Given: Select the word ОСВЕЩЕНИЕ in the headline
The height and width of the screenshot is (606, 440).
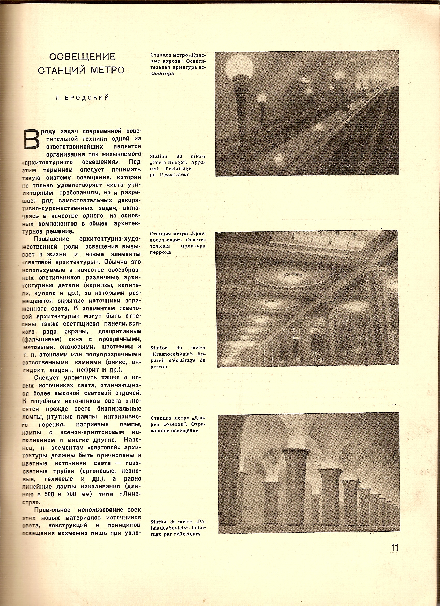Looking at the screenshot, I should [82, 57].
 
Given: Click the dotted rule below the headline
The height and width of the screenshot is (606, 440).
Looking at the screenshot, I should [81, 86].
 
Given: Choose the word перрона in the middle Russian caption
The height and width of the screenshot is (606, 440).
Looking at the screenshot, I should [161, 252].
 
